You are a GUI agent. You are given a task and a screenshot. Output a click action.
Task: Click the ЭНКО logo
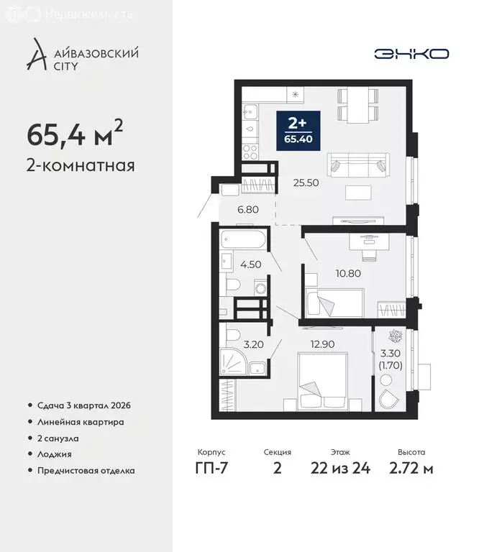pyautogui.click(x=411, y=54)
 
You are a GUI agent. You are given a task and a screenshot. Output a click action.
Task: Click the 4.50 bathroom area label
pyautogui.click(x=250, y=263)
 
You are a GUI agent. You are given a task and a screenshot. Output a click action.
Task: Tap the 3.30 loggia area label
pyautogui.click(x=391, y=358)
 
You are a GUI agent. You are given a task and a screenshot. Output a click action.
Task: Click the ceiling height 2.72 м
pyautogui.click(x=411, y=469)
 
